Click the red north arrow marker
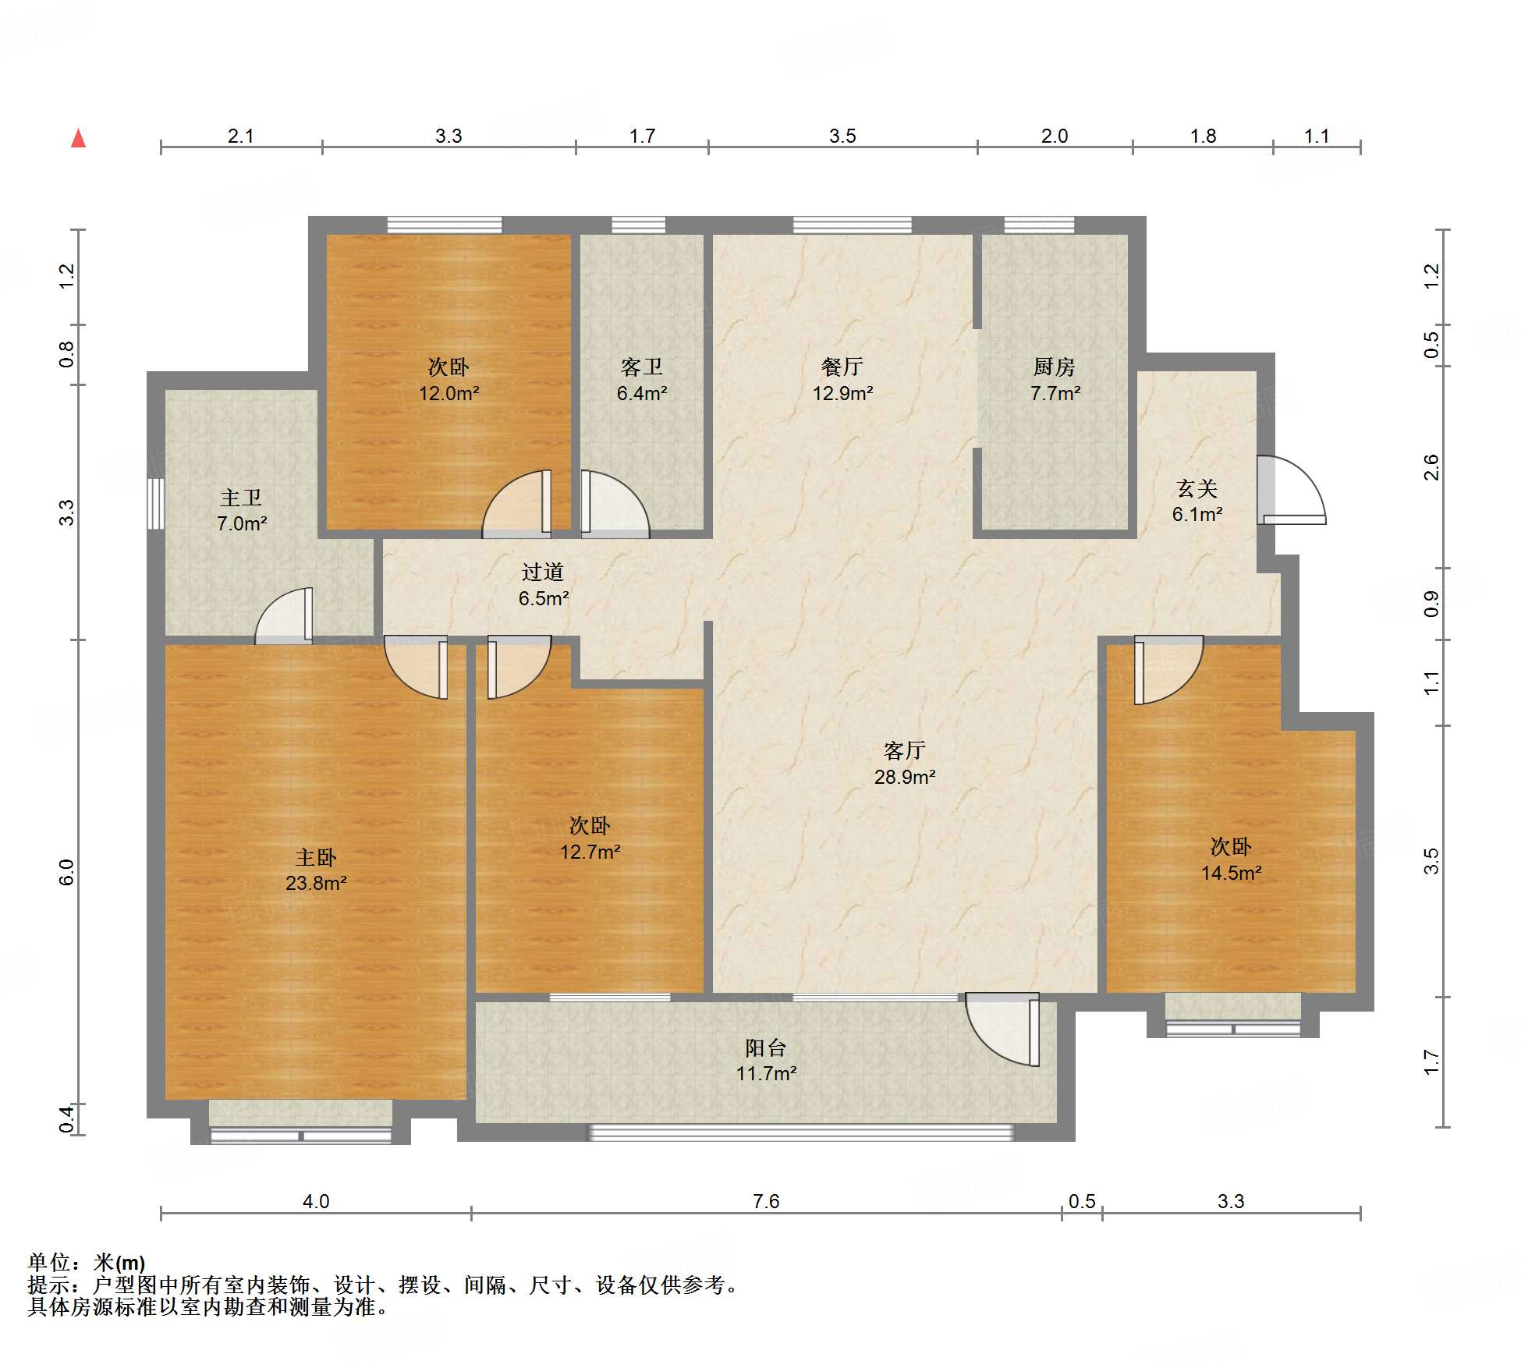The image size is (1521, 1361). [x=78, y=138]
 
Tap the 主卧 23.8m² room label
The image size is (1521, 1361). [x=316, y=870]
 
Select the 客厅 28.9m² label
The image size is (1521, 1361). [x=905, y=763]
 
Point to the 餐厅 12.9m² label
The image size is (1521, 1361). [x=842, y=379]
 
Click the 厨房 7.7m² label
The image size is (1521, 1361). [x=1055, y=379]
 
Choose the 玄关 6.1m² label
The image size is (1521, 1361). [x=1197, y=501]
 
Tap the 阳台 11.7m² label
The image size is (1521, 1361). [x=766, y=1060]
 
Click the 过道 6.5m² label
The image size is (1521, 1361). [x=543, y=585]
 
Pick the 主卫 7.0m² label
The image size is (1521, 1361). [x=241, y=510]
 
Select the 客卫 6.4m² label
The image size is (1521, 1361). [x=641, y=379]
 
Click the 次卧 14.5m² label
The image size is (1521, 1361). [x=1231, y=859]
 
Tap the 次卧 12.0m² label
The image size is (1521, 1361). [x=448, y=379]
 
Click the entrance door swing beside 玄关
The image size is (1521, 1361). [x=1291, y=490]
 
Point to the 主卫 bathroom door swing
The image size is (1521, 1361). [x=284, y=615]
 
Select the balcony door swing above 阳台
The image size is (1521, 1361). [x=1002, y=1029]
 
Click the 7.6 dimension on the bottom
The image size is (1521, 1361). [x=766, y=1201]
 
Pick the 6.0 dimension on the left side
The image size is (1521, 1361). [x=66, y=872]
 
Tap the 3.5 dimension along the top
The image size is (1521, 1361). [x=842, y=136]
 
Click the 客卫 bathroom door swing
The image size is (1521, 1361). [x=615, y=504]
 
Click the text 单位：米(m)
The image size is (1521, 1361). [x=87, y=1263]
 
